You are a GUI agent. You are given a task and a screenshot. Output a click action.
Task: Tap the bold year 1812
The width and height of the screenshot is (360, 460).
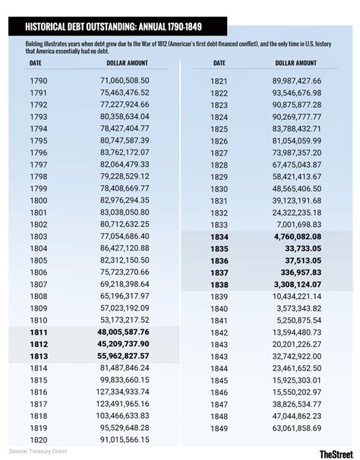coord(39,344)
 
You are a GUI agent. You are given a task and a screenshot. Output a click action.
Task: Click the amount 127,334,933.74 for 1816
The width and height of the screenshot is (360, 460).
coord(122,392)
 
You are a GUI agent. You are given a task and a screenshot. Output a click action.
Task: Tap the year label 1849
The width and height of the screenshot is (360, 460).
coord(219,428)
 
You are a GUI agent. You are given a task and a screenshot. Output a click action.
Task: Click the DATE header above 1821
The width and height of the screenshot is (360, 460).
coord(219,63)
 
